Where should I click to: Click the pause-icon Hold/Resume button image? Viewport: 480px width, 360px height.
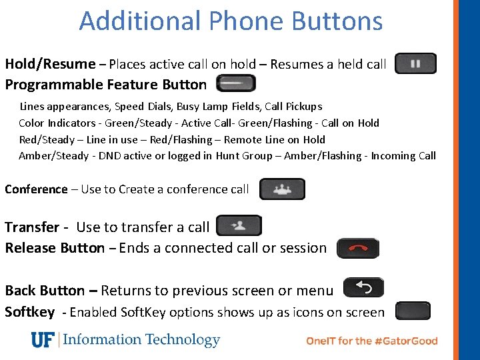[415, 64]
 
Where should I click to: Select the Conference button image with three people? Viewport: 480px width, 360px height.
[282, 189]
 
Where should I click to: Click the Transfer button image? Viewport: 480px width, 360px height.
[239, 226]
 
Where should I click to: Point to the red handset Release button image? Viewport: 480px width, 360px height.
[358, 248]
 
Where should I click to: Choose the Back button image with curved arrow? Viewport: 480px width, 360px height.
[363, 288]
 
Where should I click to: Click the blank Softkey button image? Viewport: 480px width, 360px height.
[413, 311]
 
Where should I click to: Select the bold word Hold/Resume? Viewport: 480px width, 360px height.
[50, 64]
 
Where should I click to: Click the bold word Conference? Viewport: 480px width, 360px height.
[36, 189]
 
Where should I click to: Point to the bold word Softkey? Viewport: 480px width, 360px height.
[29, 312]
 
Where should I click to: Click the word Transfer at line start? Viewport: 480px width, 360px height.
[31, 227]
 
